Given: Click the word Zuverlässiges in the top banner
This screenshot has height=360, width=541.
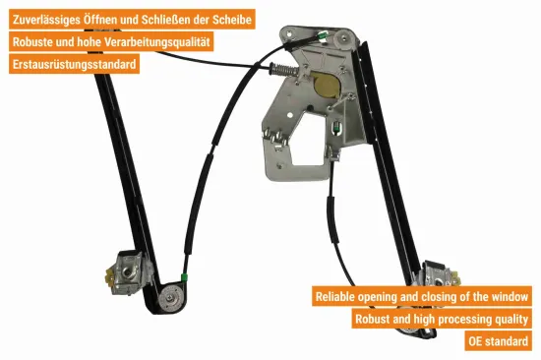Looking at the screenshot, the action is click(46, 20).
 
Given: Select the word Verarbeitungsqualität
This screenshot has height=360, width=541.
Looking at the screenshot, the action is click(157, 42).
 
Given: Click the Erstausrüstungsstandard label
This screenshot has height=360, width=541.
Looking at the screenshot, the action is click(74, 64).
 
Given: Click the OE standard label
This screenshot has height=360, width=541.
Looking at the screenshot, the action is click(498, 341).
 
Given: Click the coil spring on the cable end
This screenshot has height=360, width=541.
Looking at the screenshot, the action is click(283, 70).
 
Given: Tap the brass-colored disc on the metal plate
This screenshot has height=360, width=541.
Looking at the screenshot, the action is click(327, 85).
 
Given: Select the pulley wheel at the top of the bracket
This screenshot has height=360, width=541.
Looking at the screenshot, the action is click(344, 38).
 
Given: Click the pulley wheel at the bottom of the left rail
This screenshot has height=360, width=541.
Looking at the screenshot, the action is click(170, 298).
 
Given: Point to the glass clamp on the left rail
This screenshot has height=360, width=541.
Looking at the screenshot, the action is click(127, 272).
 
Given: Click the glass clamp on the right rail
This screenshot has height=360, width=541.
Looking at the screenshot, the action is click(438, 275).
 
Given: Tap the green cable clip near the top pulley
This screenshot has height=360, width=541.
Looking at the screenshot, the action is click(324, 35).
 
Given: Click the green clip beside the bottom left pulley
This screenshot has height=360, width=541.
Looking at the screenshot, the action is click(184, 276).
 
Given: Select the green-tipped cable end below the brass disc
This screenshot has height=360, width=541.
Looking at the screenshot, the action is click(336, 127).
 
